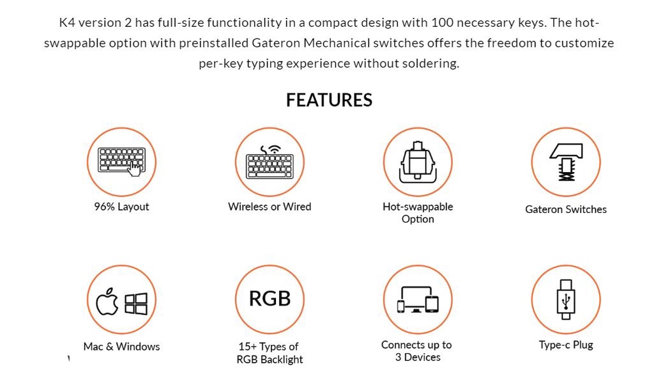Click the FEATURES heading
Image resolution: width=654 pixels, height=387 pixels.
click(x=329, y=100)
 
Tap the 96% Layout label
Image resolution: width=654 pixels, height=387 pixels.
click(x=121, y=207)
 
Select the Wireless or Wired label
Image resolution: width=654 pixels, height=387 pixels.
click(x=270, y=207)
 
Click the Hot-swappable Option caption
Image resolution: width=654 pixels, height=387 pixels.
click(x=418, y=213)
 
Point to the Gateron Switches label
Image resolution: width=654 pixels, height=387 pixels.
click(x=566, y=209)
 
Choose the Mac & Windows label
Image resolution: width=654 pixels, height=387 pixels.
click(x=121, y=347)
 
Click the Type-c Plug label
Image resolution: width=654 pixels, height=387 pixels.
click(x=566, y=345)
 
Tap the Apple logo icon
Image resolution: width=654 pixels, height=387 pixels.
click(x=107, y=301)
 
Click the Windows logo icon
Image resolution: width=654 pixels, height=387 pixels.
click(x=136, y=303)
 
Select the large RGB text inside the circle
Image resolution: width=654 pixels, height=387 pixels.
click(x=270, y=298)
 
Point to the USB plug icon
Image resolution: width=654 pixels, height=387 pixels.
click(x=566, y=299)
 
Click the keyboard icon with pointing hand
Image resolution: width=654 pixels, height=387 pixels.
click(x=121, y=162)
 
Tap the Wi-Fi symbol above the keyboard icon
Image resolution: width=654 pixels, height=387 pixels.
click(x=274, y=149)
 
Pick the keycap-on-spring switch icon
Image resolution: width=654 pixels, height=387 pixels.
click(x=566, y=162)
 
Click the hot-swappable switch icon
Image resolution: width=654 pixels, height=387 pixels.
click(x=418, y=162)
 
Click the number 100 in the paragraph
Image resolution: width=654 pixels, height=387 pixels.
click(x=442, y=22)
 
